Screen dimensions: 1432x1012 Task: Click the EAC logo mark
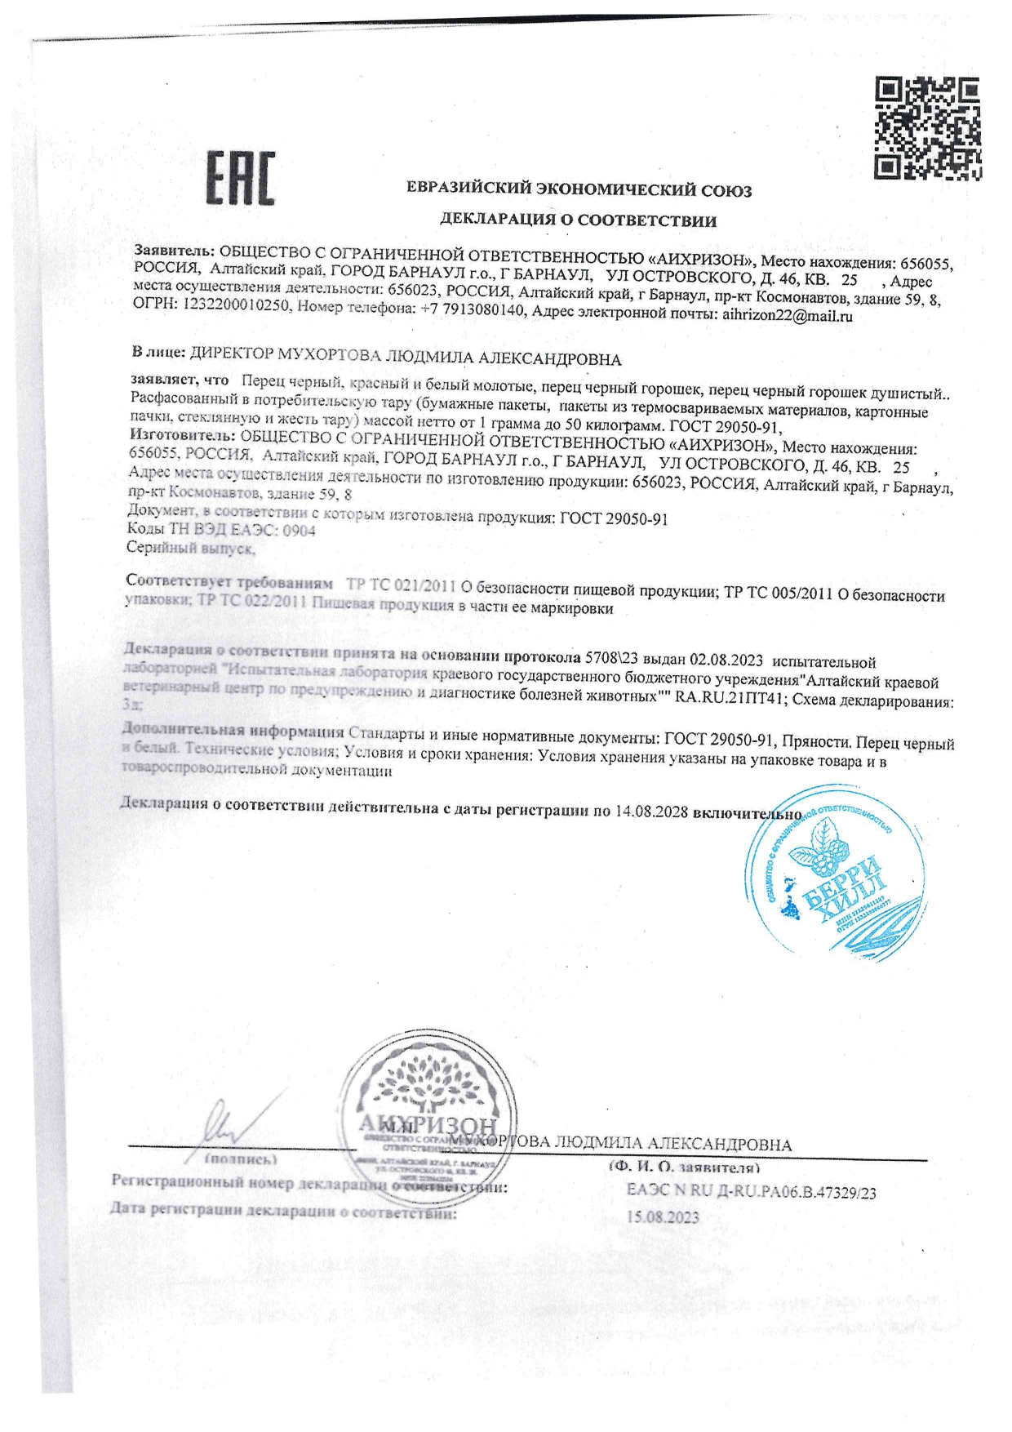pos(240,179)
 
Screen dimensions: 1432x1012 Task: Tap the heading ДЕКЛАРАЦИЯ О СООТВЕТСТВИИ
pos(578,220)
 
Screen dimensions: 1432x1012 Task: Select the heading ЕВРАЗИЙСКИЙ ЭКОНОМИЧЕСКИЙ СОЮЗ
pos(579,190)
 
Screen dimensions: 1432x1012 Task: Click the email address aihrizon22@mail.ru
pos(788,316)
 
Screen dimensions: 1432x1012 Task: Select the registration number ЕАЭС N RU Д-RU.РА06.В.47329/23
pos(750,1192)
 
